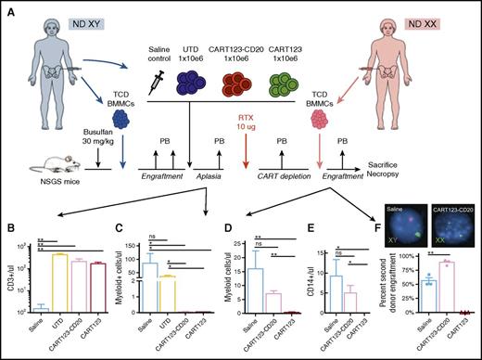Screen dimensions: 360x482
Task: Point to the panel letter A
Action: [x=8, y=7]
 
